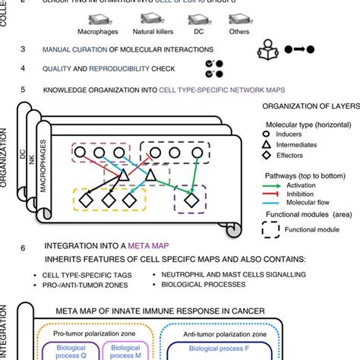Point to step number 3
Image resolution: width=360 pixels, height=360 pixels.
[24, 50]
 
